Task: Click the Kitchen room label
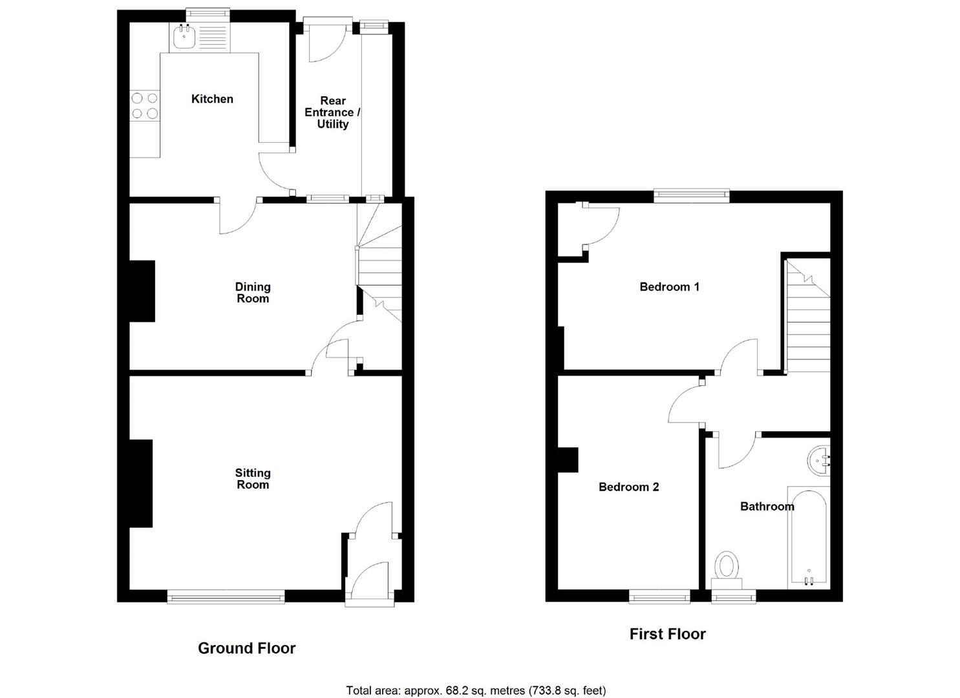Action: pyautogui.click(x=212, y=99)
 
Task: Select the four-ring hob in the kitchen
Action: pyautogui.click(x=145, y=106)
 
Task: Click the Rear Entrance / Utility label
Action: pyautogui.click(x=332, y=112)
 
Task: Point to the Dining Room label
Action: pyautogui.click(x=253, y=292)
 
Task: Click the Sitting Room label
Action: pyautogui.click(x=253, y=479)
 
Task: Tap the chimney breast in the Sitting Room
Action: pyautogui.click(x=141, y=483)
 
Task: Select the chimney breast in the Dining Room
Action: pyautogui.click(x=142, y=291)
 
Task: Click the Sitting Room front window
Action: pyautogui.click(x=226, y=597)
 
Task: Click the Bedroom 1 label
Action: pyautogui.click(x=669, y=286)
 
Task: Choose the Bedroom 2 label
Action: pyautogui.click(x=628, y=487)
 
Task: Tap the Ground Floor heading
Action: pyautogui.click(x=246, y=648)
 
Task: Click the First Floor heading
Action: pyautogui.click(x=667, y=634)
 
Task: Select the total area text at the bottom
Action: pyautogui.click(x=476, y=690)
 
